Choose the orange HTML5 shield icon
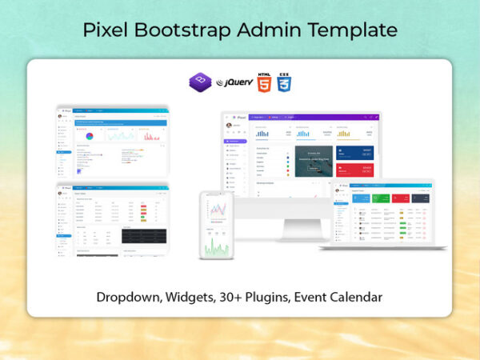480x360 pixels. click(263, 82)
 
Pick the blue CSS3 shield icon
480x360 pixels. click(284, 82)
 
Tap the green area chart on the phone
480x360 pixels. click(216, 247)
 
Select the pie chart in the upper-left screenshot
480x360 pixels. click(89, 137)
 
